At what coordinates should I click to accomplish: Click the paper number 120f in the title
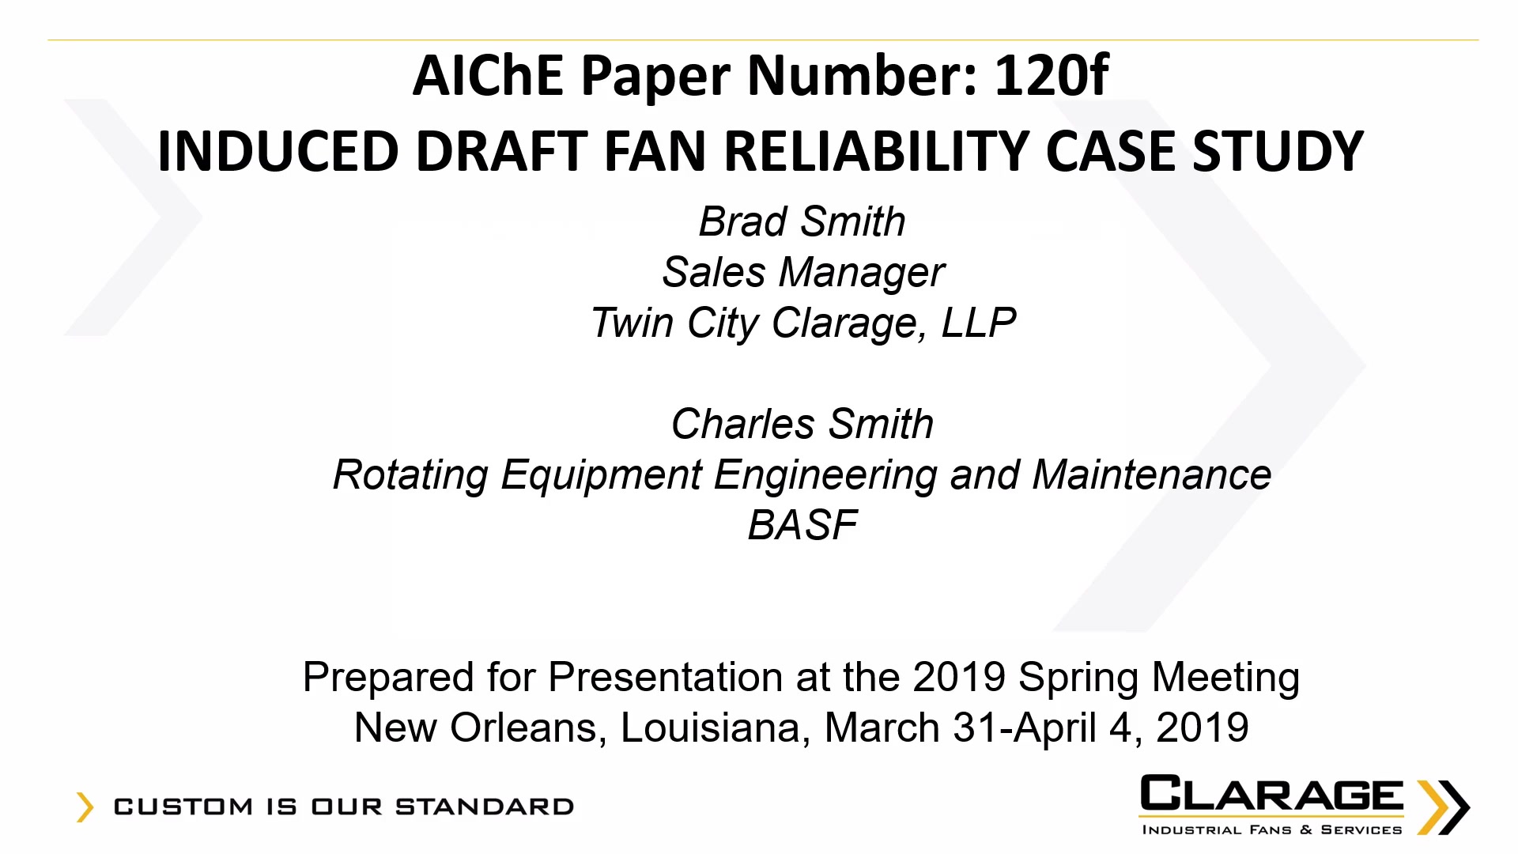coord(1052,76)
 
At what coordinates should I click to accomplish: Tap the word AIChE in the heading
coord(488,76)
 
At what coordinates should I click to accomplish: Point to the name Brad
coord(743,221)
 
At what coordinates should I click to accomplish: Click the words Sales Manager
coord(803,272)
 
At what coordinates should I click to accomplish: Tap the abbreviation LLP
coord(979,323)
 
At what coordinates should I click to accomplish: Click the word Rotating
coord(410,475)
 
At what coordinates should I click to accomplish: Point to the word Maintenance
coord(1152,474)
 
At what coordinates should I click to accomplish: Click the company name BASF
coord(802,525)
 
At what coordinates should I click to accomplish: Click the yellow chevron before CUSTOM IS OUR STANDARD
coord(85,807)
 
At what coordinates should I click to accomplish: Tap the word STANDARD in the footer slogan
coord(485,807)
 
